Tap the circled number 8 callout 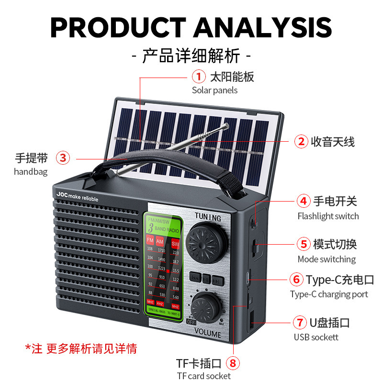pyautogui.click(x=233, y=363)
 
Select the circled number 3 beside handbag pyautogui.click(x=63, y=158)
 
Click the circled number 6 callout pyautogui.click(x=296, y=279)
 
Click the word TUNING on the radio pyautogui.click(x=208, y=218)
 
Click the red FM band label pyautogui.click(x=150, y=240)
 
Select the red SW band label pyautogui.click(x=175, y=243)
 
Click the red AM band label pyautogui.click(x=160, y=240)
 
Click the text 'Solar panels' pyautogui.click(x=214, y=90)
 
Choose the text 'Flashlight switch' pyautogui.click(x=328, y=216)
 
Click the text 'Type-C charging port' pyautogui.click(x=329, y=294)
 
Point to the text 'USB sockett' pyautogui.click(x=316, y=337)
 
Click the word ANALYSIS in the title pyautogui.click(x=263, y=27)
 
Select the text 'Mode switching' pyautogui.click(x=327, y=259)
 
